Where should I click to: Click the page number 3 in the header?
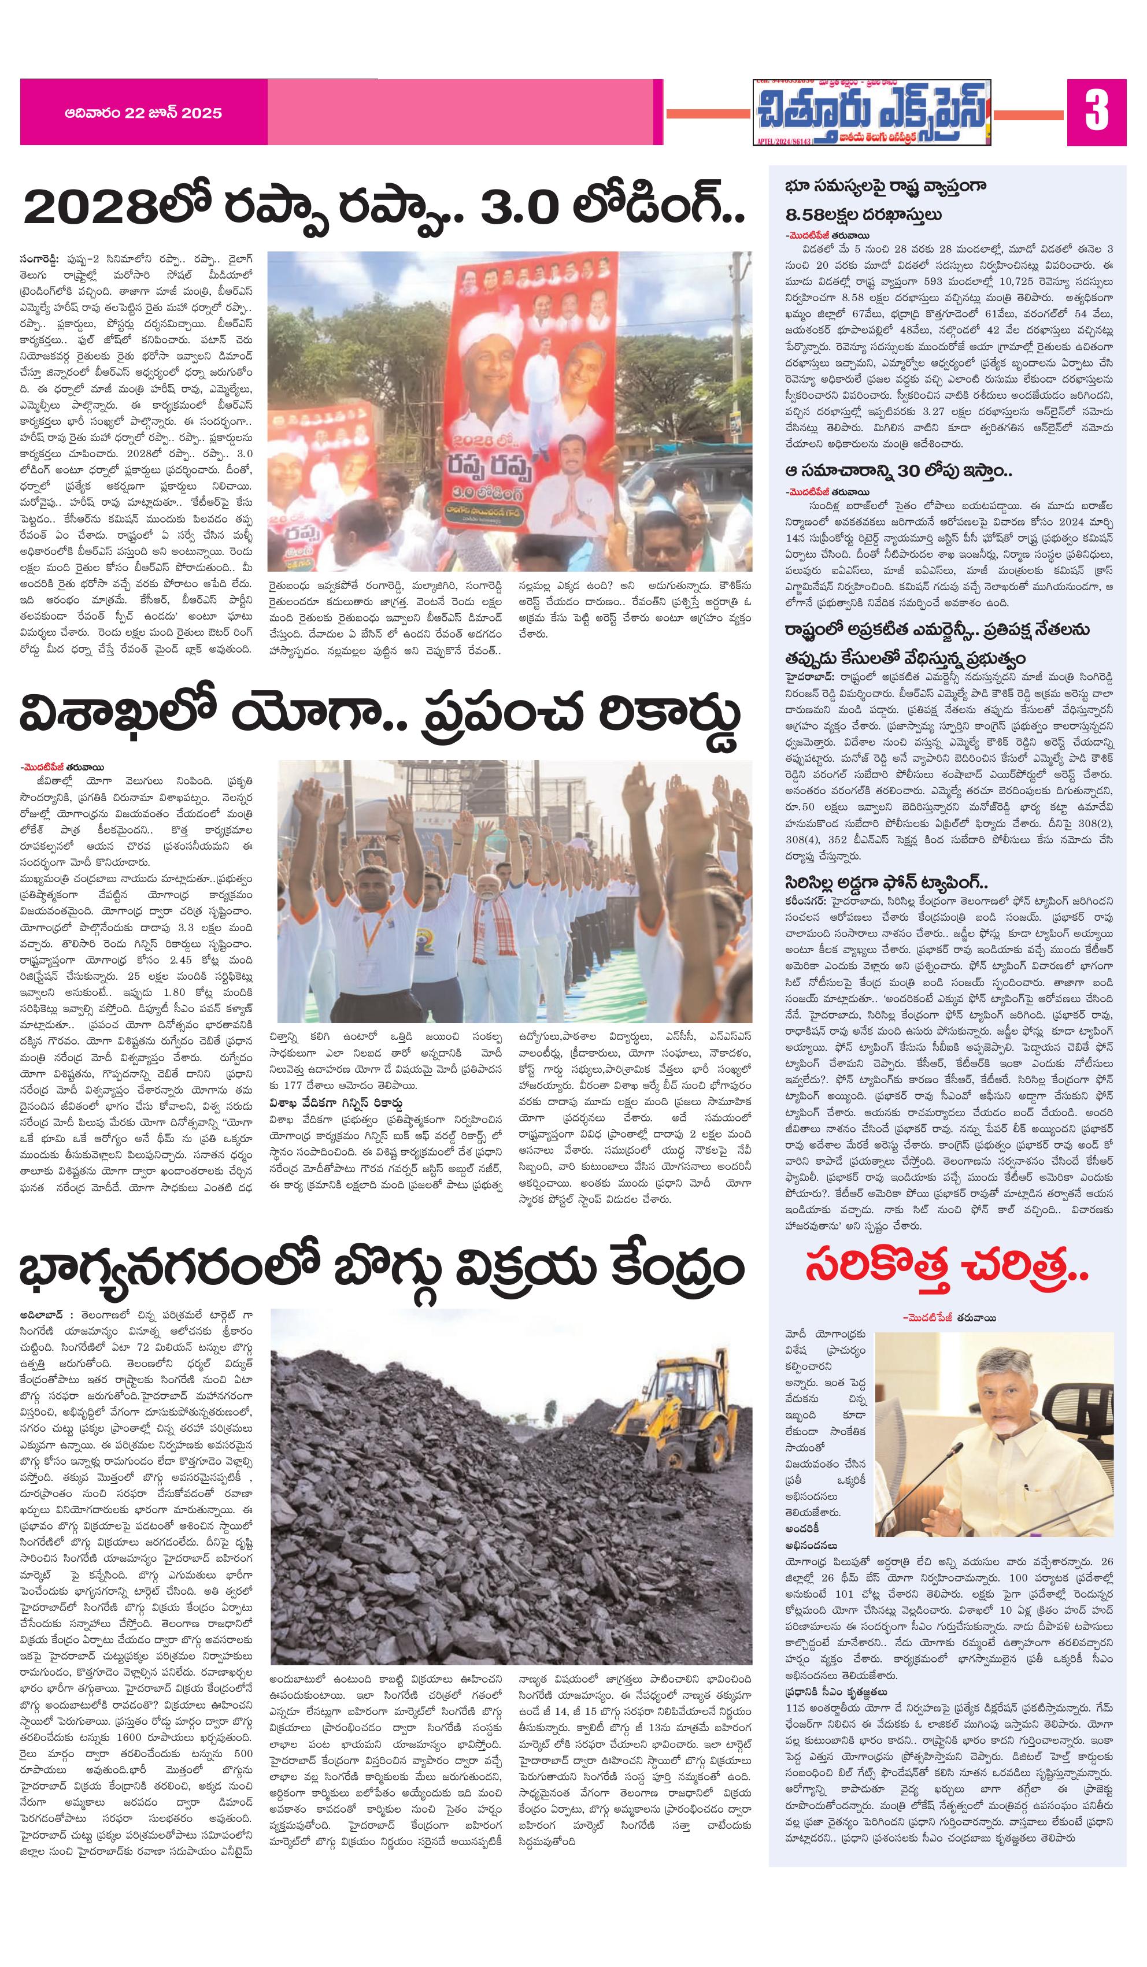pyautogui.click(x=1096, y=112)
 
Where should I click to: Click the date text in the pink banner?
pyautogui.click(x=144, y=113)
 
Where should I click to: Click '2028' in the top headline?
pyautogui.click(x=86, y=209)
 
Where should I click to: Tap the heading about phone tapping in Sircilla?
pyautogui.click(x=886, y=883)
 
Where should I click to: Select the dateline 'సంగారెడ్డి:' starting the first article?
pyautogui.click(x=46, y=256)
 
